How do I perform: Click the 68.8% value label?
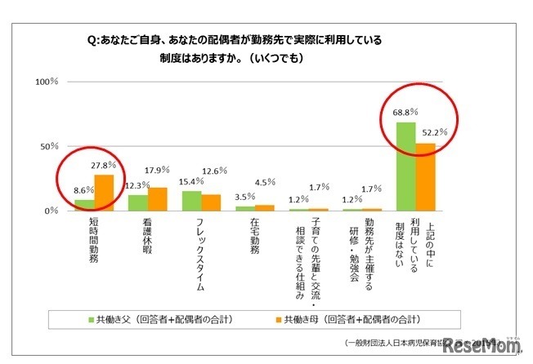405,111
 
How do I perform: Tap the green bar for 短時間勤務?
85,205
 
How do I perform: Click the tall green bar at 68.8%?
405,166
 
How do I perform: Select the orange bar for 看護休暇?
157,199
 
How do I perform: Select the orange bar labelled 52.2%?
425,177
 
